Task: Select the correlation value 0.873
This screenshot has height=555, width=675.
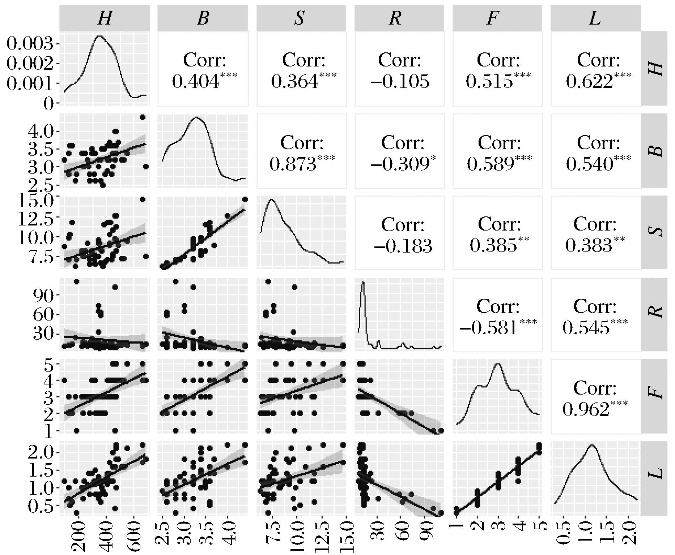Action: click(x=293, y=164)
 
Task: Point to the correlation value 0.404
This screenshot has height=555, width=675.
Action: click(x=195, y=81)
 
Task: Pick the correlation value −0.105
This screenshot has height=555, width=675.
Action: click(x=400, y=81)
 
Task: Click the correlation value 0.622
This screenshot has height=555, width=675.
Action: click(x=590, y=81)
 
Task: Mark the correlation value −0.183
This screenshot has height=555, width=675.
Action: click(x=403, y=246)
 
